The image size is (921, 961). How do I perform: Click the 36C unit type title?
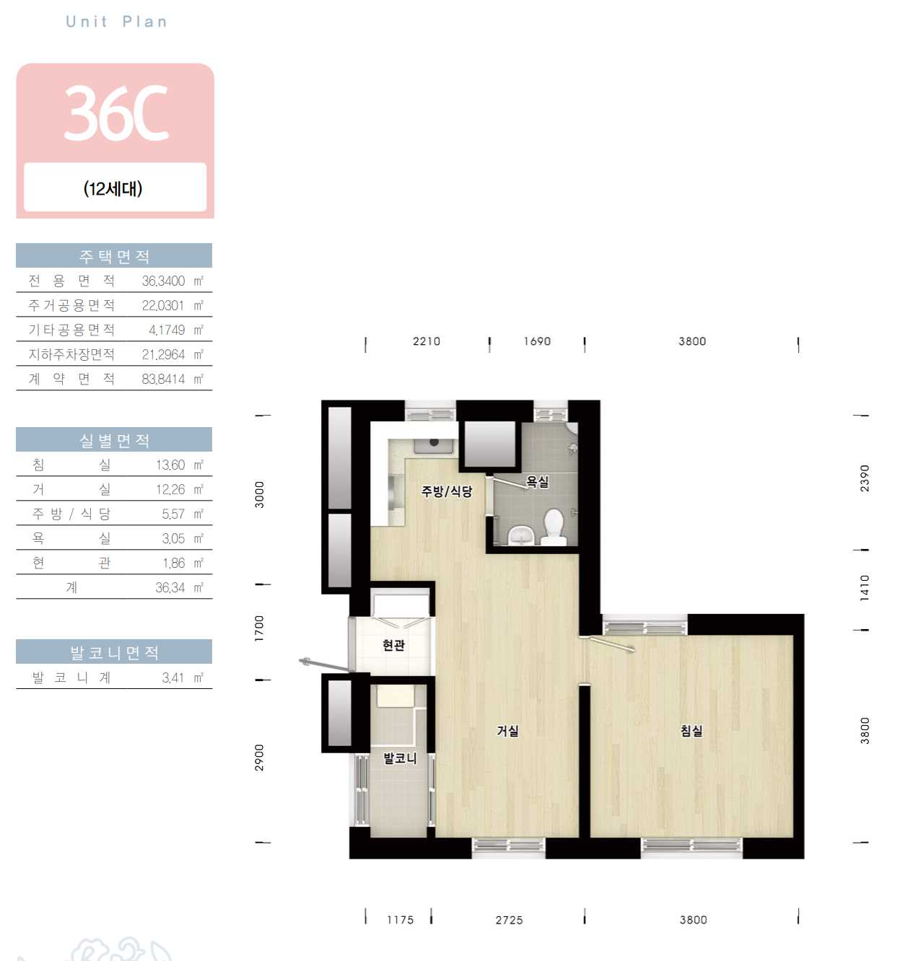tap(117, 113)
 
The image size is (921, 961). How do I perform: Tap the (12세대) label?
tap(113, 188)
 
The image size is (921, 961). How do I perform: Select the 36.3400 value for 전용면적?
tap(163, 281)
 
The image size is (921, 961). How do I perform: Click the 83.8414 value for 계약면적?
tap(163, 379)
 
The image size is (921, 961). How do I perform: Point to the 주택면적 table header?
tap(114, 256)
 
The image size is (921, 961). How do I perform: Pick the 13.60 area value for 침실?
tap(170, 465)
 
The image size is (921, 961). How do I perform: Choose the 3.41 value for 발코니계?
tap(173, 677)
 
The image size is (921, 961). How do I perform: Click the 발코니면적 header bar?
tap(114, 652)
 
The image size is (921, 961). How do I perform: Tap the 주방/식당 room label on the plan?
tap(447, 491)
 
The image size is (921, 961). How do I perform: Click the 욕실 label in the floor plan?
tap(537, 481)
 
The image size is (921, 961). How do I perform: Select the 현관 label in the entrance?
tap(394, 645)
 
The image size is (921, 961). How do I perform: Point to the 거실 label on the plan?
tap(507, 730)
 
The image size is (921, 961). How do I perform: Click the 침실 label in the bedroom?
tap(691, 730)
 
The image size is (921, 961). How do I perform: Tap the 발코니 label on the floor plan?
tap(400, 758)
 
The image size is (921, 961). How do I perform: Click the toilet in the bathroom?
tap(554, 527)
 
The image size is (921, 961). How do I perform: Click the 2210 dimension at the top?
tap(427, 341)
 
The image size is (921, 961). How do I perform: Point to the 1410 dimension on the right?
tap(864, 588)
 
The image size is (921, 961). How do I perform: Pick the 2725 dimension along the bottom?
tap(509, 920)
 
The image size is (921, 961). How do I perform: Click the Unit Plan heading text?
tap(117, 22)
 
